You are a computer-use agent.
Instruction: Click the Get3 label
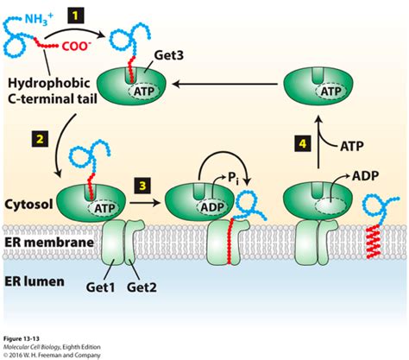coord(171,55)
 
